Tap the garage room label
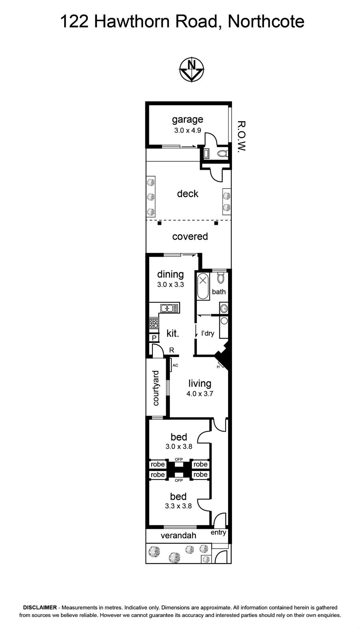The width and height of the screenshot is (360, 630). tap(187, 120)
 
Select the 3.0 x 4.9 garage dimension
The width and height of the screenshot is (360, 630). tap(187, 130)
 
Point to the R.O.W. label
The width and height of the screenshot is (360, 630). tap(242, 136)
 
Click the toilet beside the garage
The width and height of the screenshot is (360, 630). tap(222, 154)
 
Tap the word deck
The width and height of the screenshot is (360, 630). tap(187, 193)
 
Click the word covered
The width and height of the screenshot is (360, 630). tap(190, 236)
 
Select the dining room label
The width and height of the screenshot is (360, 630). tap(171, 274)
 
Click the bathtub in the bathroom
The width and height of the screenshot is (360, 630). tap(203, 286)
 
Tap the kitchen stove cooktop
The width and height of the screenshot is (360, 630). tap(154, 323)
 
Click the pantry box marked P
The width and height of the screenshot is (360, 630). tap(154, 338)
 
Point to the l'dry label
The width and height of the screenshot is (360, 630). tap(208, 334)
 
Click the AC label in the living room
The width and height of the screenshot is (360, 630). tap(175, 365)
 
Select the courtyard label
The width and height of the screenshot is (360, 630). tap(156, 388)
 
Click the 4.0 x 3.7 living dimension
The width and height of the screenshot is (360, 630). tap(200, 394)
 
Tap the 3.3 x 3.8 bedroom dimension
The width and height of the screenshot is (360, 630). tap(178, 506)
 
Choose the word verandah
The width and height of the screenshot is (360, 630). tap(178, 535)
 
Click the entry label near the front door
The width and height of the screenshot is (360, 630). tap(219, 533)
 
